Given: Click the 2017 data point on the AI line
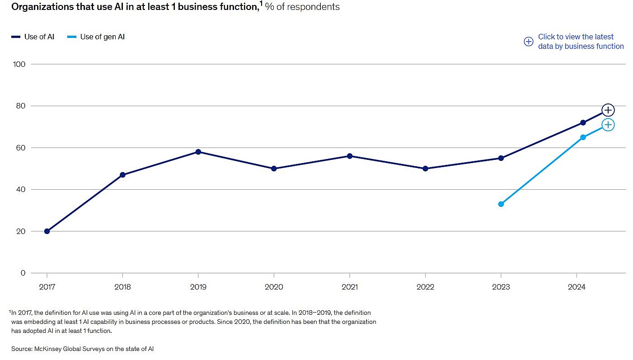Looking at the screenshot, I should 47,231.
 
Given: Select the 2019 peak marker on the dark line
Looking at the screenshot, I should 198,152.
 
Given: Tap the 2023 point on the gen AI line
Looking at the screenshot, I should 501,204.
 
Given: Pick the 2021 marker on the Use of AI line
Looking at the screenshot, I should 349,156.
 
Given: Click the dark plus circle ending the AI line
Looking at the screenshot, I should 608,110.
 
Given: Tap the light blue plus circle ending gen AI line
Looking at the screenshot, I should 608,125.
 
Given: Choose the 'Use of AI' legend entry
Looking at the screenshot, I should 33,37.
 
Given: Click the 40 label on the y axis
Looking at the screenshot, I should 21,190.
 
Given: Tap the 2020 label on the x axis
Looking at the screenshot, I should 274,287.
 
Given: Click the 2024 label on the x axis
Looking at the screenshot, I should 577,287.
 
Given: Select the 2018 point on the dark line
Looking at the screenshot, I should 122,175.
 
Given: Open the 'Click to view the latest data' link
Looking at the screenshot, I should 580,42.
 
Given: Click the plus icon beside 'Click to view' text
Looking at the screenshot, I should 528,42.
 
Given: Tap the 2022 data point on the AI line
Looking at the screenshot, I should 425,168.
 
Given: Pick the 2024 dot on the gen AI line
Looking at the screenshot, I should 583,137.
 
